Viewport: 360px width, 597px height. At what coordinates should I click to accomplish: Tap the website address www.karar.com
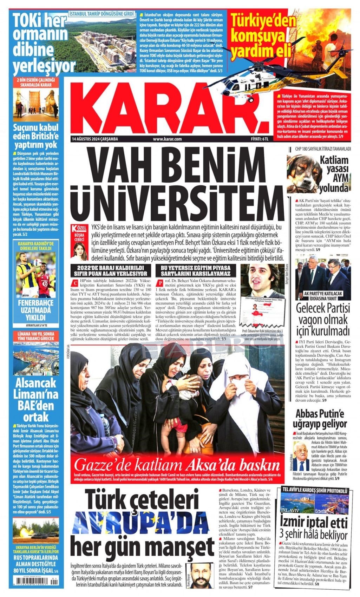(x=167, y=139)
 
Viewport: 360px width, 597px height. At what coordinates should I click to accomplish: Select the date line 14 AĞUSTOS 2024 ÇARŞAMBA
(x=95, y=139)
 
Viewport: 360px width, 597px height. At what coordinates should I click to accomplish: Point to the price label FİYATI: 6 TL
(x=260, y=139)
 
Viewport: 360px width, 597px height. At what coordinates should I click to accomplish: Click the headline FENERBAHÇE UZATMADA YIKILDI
(x=35, y=311)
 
